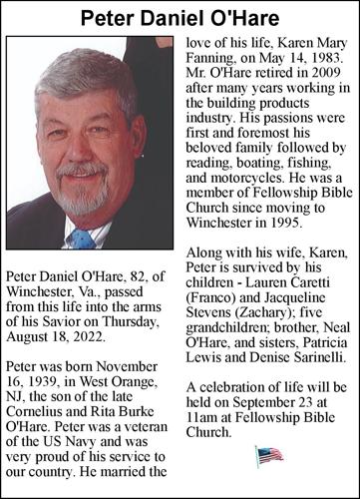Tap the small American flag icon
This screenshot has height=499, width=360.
click(x=268, y=456)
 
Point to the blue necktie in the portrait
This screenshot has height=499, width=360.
click(x=82, y=238)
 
